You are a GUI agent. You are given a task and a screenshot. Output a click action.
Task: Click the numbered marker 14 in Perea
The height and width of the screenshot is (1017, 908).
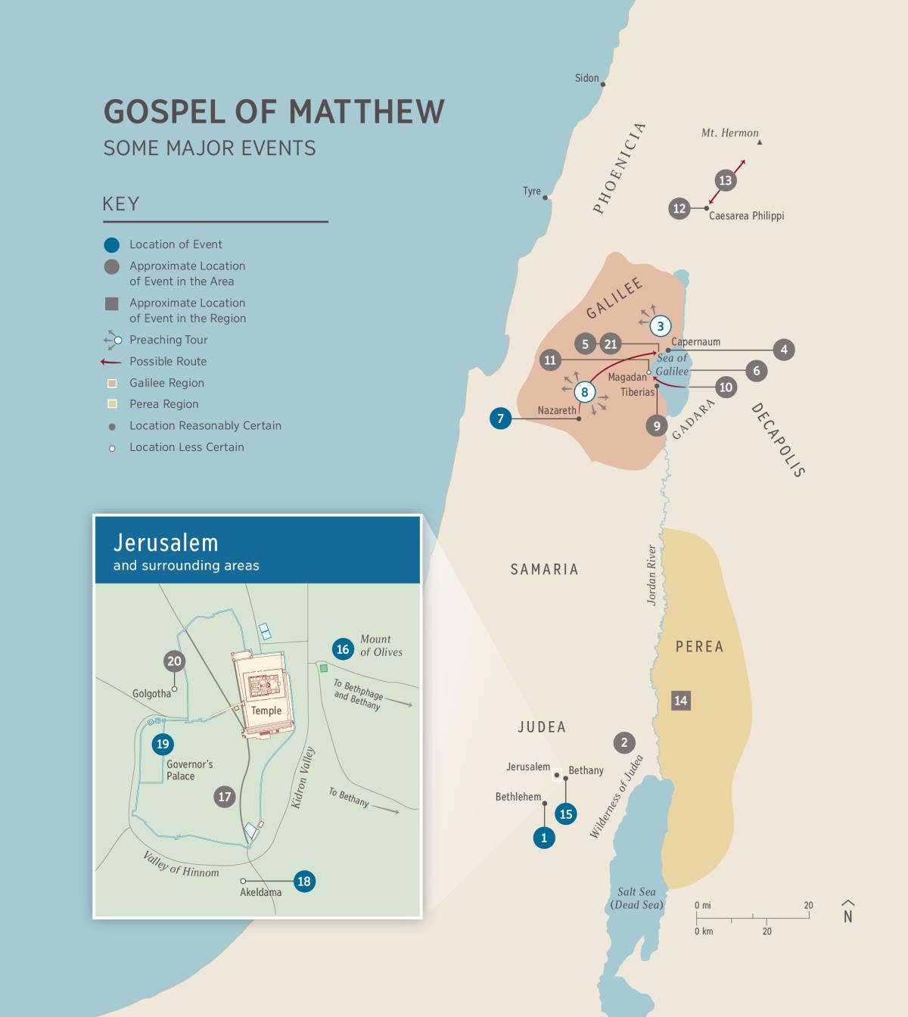click(680, 700)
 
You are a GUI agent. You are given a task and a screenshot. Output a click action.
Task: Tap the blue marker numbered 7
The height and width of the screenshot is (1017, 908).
click(500, 418)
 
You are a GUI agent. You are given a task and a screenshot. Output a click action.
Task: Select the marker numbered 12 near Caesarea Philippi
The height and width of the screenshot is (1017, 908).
click(679, 208)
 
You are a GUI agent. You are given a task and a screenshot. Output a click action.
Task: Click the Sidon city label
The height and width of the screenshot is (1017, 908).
click(586, 78)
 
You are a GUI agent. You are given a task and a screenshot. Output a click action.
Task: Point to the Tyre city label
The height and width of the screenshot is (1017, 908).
click(532, 191)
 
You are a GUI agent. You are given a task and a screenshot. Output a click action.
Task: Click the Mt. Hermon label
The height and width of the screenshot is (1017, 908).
click(729, 133)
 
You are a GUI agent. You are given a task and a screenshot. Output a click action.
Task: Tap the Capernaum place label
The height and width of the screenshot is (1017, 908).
click(695, 342)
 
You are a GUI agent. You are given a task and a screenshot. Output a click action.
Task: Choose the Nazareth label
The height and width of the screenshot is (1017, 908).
click(557, 411)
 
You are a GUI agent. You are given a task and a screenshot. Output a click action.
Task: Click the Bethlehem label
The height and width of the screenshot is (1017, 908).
click(518, 797)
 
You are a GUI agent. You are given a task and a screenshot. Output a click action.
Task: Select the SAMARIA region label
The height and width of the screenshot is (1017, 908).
click(544, 569)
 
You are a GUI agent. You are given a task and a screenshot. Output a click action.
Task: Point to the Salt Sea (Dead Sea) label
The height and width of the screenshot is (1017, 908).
click(636, 898)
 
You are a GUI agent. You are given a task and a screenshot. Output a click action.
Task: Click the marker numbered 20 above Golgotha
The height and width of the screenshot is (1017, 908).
click(174, 661)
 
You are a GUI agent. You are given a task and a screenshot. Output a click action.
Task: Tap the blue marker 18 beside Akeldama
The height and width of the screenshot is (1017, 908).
click(304, 881)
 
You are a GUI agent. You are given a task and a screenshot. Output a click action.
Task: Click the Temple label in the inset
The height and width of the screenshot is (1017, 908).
click(266, 711)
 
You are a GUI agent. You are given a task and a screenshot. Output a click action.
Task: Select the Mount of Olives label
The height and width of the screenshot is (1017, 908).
click(381, 645)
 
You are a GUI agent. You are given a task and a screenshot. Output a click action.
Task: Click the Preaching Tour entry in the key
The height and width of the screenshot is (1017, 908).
click(168, 340)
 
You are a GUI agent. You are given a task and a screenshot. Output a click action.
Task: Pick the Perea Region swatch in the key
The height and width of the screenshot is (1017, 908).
click(112, 404)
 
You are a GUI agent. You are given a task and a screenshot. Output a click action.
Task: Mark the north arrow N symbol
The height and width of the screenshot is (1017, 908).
click(848, 914)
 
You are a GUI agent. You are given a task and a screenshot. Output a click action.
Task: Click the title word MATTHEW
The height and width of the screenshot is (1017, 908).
click(366, 111)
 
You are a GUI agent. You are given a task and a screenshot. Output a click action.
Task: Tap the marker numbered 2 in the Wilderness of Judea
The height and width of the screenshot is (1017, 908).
click(624, 742)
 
